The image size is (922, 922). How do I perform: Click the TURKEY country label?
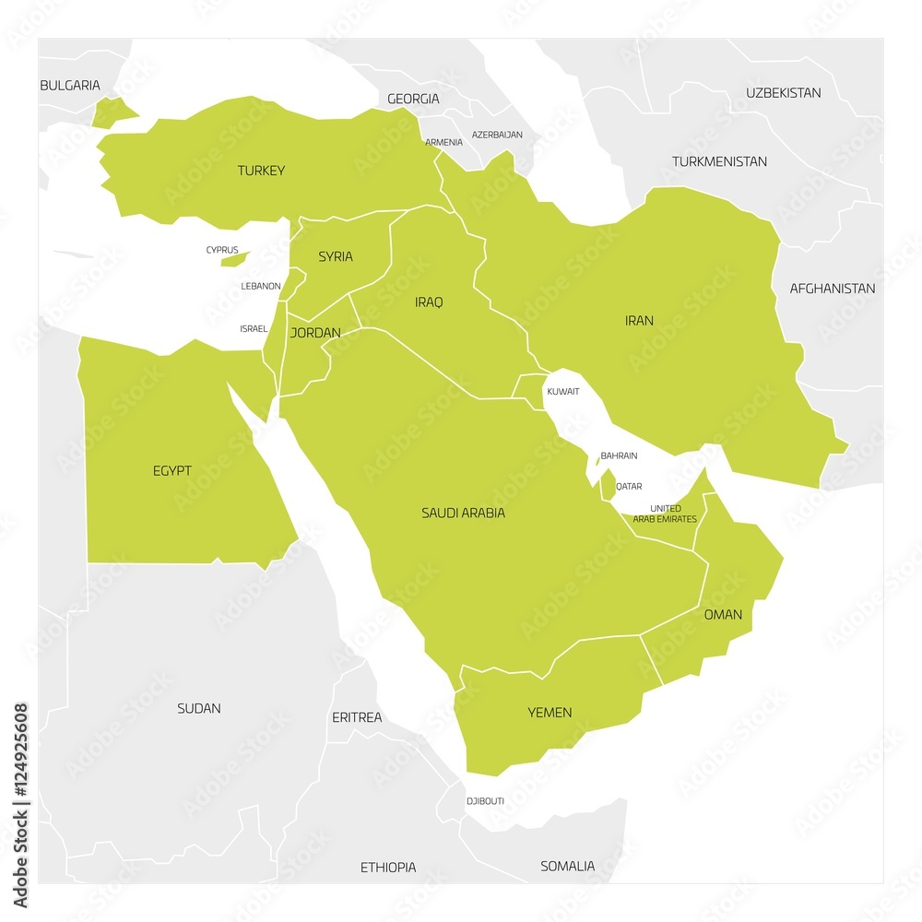[261, 171]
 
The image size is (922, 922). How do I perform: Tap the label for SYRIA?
[336, 256]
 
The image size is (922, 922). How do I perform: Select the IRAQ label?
[429, 301]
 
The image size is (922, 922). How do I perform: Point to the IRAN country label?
[639, 321]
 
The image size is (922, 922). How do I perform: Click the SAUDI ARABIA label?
[463, 513]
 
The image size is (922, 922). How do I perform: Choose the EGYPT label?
[172, 471]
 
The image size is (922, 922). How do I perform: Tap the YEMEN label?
[550, 713]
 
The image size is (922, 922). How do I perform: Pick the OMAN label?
[723, 614]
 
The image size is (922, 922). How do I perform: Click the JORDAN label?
[315, 333]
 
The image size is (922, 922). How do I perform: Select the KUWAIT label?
[562, 392]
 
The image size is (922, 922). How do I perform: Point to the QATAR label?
[629, 486]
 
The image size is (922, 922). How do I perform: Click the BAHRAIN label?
[619, 455]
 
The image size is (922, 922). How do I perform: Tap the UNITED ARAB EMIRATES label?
[665, 514]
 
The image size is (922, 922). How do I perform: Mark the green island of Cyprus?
[236, 259]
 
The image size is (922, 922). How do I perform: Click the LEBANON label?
[261, 286]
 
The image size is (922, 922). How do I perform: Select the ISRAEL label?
[254, 328]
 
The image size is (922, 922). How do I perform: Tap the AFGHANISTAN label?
[832, 289]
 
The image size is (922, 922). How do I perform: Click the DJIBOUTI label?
[485, 801]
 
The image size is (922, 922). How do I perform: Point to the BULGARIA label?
[70, 86]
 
